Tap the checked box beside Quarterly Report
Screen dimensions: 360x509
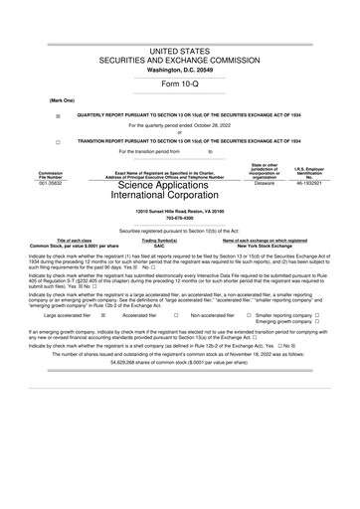click(58, 115)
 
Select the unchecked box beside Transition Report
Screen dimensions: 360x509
click(58, 141)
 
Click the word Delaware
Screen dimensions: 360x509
click(265, 184)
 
